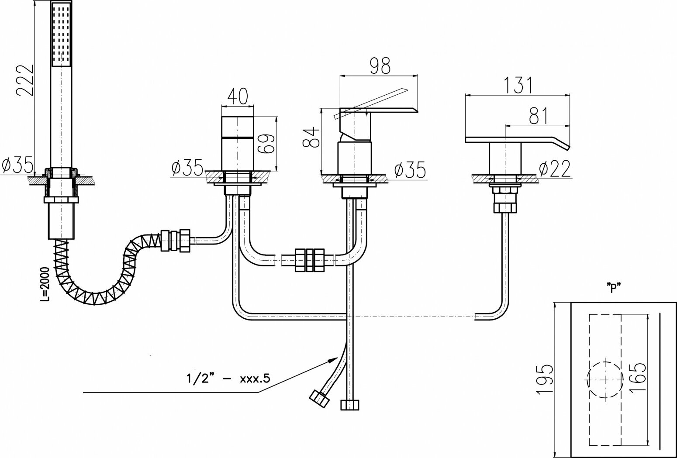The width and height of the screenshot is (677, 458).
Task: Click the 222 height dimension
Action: point(24,79)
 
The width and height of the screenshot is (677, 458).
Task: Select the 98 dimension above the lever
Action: point(380,65)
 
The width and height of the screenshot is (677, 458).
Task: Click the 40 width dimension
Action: point(238,96)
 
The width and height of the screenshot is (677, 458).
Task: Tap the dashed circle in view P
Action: point(605,379)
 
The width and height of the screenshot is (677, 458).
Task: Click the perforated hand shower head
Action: point(62,34)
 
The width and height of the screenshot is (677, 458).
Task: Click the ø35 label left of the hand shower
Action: point(17,165)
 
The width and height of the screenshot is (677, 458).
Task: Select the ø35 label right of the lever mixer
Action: point(409,170)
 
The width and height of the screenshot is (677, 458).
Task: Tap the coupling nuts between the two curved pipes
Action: point(309,260)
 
